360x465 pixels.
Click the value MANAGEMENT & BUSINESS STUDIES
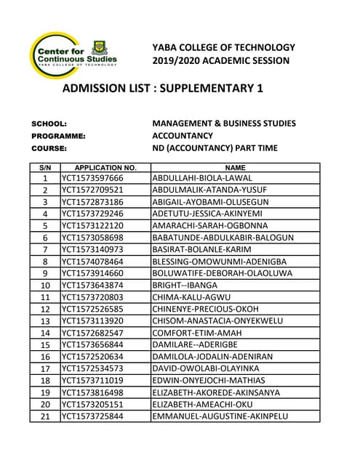(224, 124)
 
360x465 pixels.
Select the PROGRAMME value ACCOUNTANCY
(183, 136)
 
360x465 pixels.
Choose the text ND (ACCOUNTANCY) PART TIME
(215, 148)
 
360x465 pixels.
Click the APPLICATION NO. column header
(105, 167)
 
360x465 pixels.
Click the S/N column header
(44, 167)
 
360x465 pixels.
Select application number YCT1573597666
(92, 178)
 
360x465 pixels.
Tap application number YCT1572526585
(92, 309)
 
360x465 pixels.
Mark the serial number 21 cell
(44, 416)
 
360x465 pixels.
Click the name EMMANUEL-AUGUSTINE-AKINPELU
(220, 416)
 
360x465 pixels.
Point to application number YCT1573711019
(92, 380)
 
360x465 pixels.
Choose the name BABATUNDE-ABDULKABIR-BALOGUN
(223, 238)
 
